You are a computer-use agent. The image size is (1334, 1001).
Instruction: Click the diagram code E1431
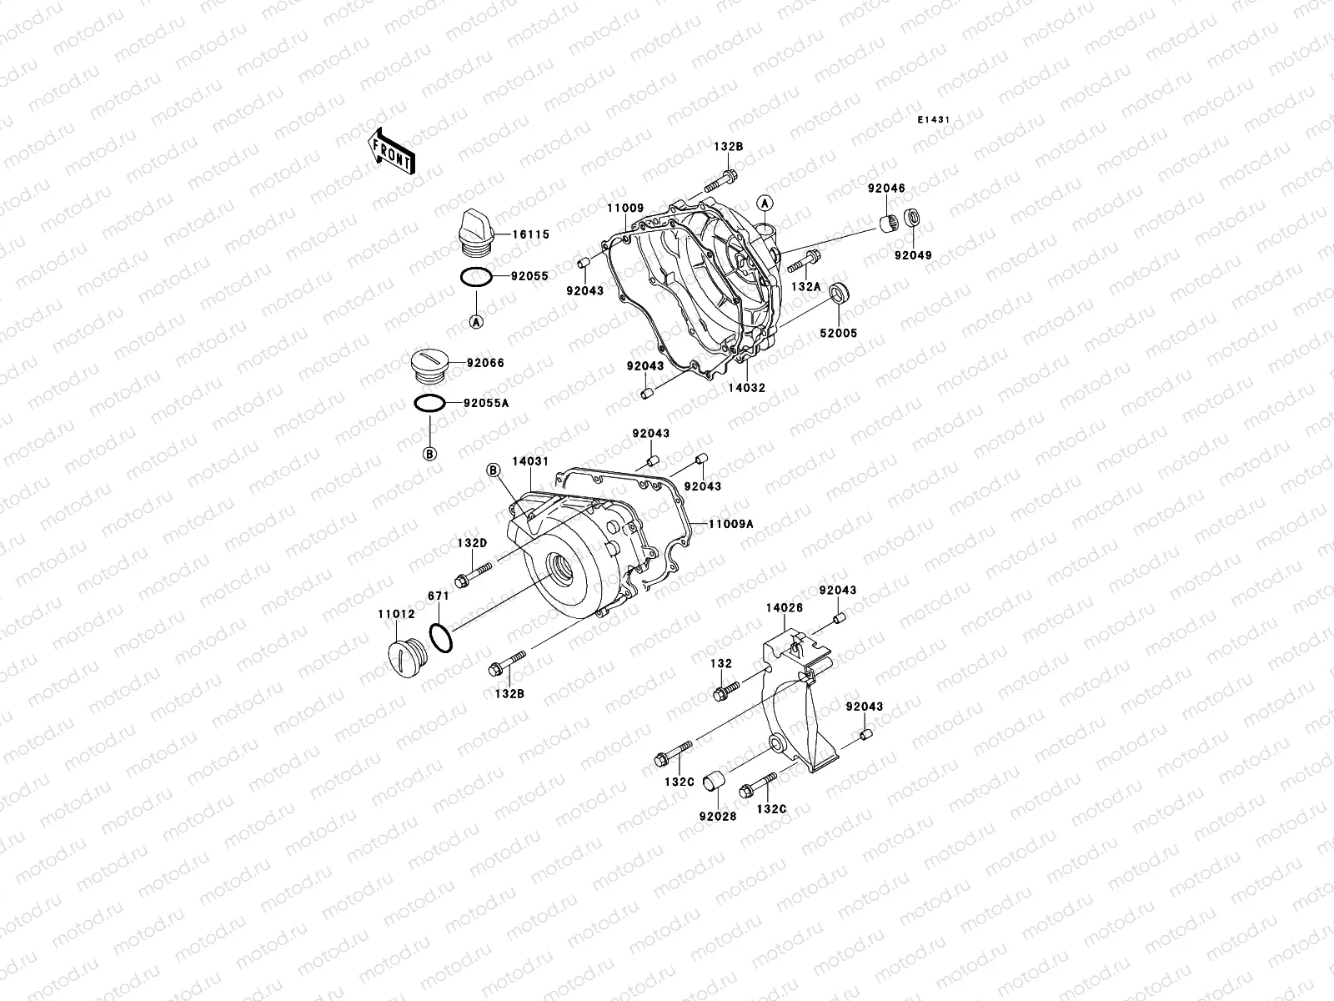click(x=934, y=120)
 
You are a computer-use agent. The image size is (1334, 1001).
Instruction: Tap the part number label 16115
click(x=531, y=235)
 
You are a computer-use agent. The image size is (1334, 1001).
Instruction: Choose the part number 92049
click(x=914, y=255)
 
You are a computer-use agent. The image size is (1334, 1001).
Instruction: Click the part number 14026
click(x=784, y=608)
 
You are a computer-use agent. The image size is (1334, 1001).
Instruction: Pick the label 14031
click(x=529, y=460)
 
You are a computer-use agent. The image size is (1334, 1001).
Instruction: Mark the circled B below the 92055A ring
click(x=430, y=454)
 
